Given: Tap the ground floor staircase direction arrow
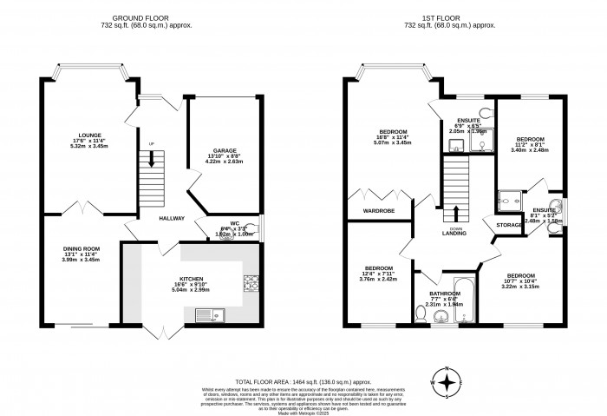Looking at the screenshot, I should (152, 159).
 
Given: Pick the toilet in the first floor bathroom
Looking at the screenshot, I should (420, 319).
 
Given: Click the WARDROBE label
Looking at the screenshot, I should (382, 209).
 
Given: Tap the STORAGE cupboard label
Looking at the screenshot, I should (509, 225).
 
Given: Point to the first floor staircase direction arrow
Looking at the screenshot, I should (456, 213).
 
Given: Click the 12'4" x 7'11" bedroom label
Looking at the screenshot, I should (379, 273).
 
